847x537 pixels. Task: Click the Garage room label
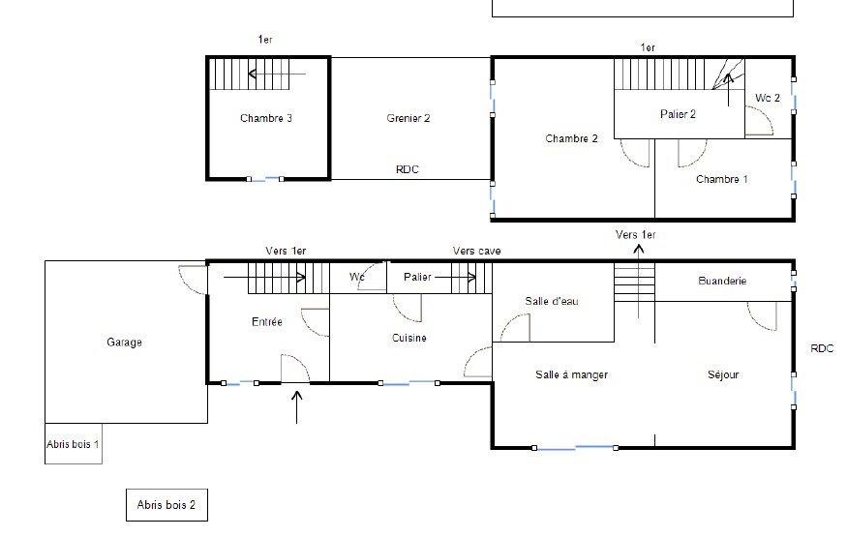(x=124, y=343)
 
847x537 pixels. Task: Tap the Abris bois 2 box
(x=166, y=505)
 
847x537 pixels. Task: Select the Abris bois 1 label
(x=73, y=444)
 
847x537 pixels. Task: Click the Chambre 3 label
(x=266, y=118)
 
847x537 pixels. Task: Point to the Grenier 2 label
(x=408, y=118)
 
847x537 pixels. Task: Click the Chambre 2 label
(x=571, y=138)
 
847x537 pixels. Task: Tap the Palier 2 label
(x=678, y=114)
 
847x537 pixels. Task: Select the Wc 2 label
(x=768, y=98)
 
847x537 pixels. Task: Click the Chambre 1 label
(x=722, y=179)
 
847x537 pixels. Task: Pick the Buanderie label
(x=722, y=281)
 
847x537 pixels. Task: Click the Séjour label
(x=723, y=374)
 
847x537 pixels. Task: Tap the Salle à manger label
(x=571, y=374)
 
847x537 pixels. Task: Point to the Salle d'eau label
(x=552, y=301)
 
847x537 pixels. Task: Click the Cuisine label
(x=408, y=338)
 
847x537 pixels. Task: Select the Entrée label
(x=267, y=321)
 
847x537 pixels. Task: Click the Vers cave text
(x=476, y=251)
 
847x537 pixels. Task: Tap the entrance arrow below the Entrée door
(x=296, y=407)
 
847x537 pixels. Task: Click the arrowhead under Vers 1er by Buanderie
(x=639, y=250)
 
